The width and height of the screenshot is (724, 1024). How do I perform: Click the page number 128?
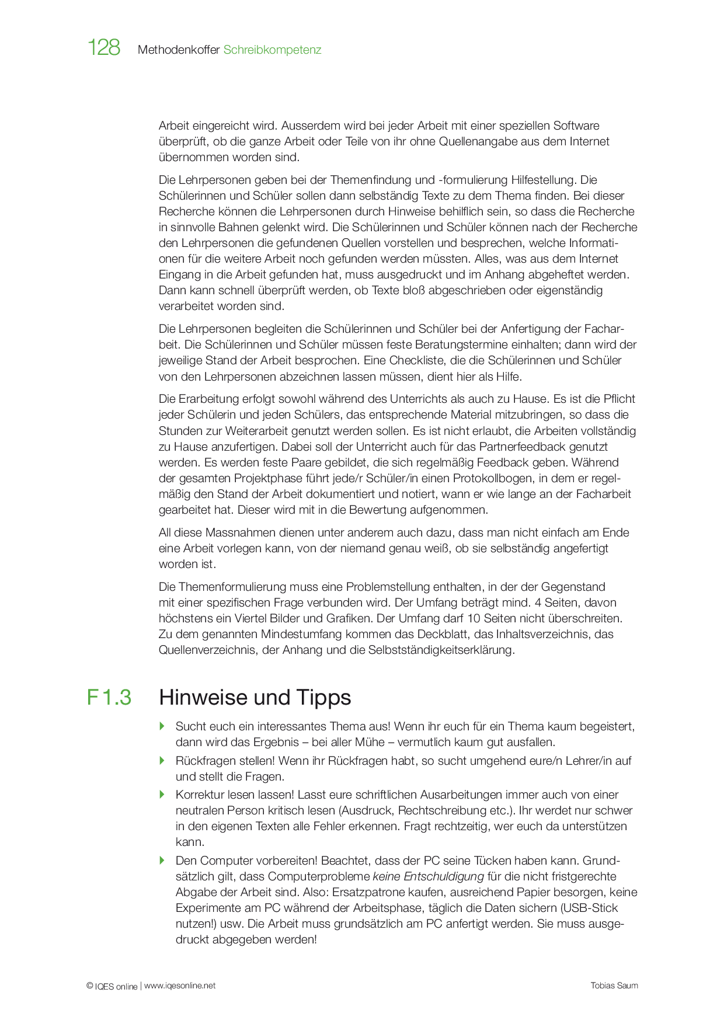[x=104, y=48]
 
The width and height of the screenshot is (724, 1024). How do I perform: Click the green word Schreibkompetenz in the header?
[x=272, y=50]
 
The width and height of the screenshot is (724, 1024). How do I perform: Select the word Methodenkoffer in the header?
[x=179, y=50]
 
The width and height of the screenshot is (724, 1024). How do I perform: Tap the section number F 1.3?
[x=109, y=698]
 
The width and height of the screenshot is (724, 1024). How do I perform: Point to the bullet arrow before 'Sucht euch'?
[x=162, y=726]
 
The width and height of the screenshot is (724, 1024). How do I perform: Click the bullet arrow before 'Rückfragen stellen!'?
[x=162, y=761]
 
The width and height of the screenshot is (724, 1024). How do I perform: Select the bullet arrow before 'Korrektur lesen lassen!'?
[x=162, y=795]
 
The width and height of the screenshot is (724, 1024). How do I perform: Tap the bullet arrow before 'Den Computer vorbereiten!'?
[x=162, y=861]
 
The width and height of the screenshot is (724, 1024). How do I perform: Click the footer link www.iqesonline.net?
[x=180, y=986]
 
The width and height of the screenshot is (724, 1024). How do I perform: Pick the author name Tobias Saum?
[x=614, y=986]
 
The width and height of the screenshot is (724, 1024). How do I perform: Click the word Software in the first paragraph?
[x=576, y=126]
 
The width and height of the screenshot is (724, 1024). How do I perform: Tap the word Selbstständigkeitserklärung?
[x=441, y=650]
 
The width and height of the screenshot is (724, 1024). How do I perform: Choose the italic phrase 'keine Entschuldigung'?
[x=428, y=877]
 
